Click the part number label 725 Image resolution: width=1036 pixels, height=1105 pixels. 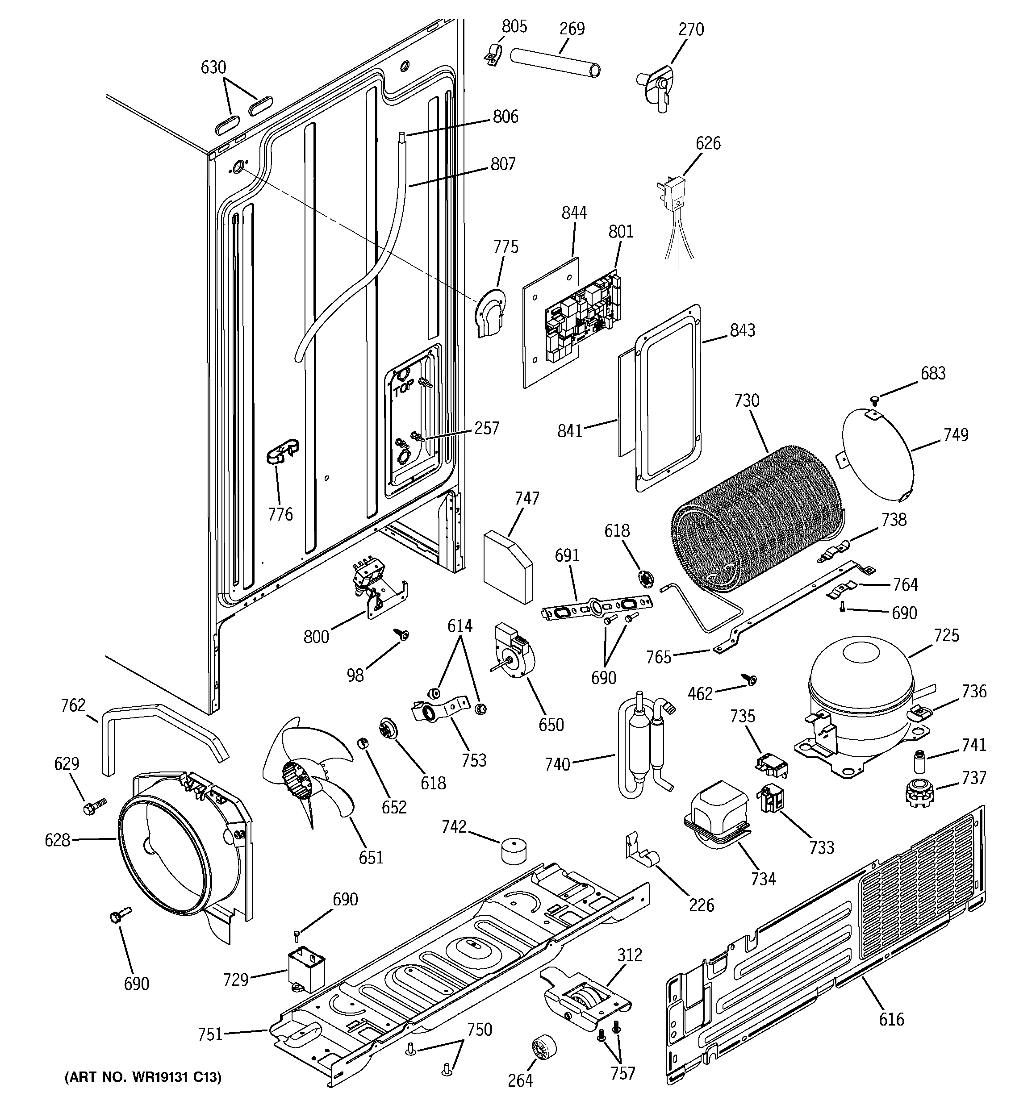947,635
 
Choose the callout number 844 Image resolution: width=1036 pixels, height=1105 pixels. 574,213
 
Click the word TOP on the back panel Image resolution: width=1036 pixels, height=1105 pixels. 404,388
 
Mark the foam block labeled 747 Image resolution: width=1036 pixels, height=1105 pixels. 508,567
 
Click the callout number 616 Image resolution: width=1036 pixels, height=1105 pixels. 891,1019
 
